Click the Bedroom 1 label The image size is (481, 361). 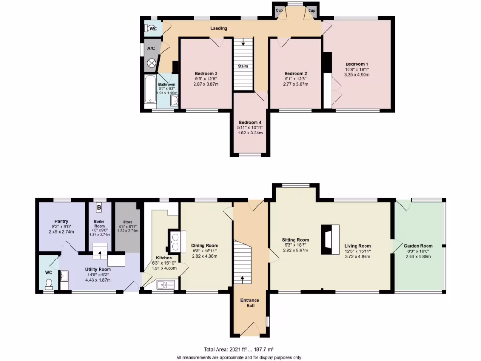click(x=357, y=64)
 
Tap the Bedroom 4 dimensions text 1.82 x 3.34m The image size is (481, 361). click(x=250, y=133)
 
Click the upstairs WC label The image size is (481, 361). click(x=153, y=29)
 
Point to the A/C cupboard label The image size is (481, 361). click(x=151, y=48)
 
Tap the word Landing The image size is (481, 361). click(x=218, y=28)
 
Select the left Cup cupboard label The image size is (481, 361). click(x=279, y=9)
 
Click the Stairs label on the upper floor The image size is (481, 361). click(x=243, y=66)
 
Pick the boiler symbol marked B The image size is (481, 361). click(x=99, y=207)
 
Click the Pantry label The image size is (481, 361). click(x=61, y=221)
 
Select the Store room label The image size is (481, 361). click(x=127, y=222)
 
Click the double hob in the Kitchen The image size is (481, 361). click(x=174, y=239)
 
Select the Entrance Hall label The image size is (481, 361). click(x=249, y=303)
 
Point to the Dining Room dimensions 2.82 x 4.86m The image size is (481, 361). click(x=204, y=257)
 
